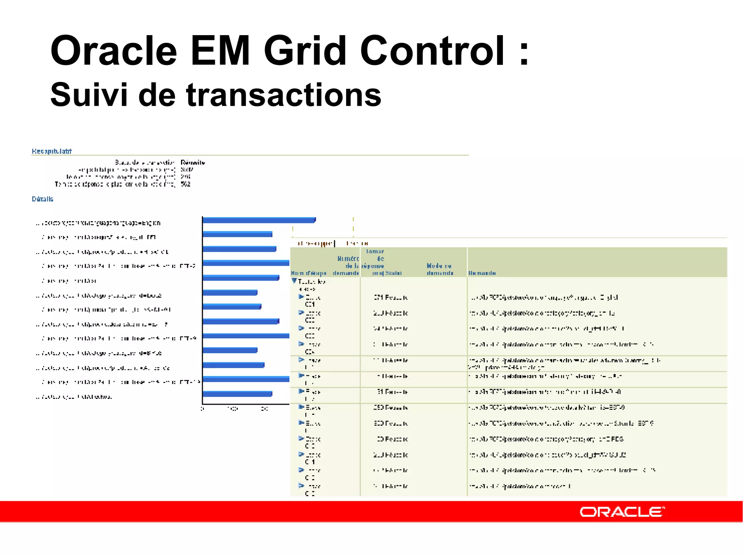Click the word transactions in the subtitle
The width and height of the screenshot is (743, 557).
pyautogui.click(x=284, y=95)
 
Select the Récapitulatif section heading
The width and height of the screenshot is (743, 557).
pyautogui.click(x=52, y=151)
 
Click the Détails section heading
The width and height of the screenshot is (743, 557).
pyautogui.click(x=42, y=199)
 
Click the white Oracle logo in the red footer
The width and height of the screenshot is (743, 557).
pyautogui.click(x=622, y=512)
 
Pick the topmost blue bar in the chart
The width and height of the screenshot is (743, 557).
pyautogui.click(x=259, y=220)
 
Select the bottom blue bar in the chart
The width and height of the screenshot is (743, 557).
pyautogui.click(x=237, y=394)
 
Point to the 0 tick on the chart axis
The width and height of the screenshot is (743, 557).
pyautogui.click(x=202, y=409)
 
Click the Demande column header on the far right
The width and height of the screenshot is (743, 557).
pyautogui.click(x=482, y=273)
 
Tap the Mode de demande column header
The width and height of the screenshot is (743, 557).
pyautogui.click(x=440, y=269)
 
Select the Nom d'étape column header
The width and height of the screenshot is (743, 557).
pyautogui.click(x=308, y=273)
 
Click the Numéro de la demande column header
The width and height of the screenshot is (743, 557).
pyautogui.click(x=346, y=266)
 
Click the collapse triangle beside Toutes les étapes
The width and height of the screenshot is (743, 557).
pyautogui.click(x=294, y=281)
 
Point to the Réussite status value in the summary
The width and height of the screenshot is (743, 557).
pyautogui.click(x=193, y=162)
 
